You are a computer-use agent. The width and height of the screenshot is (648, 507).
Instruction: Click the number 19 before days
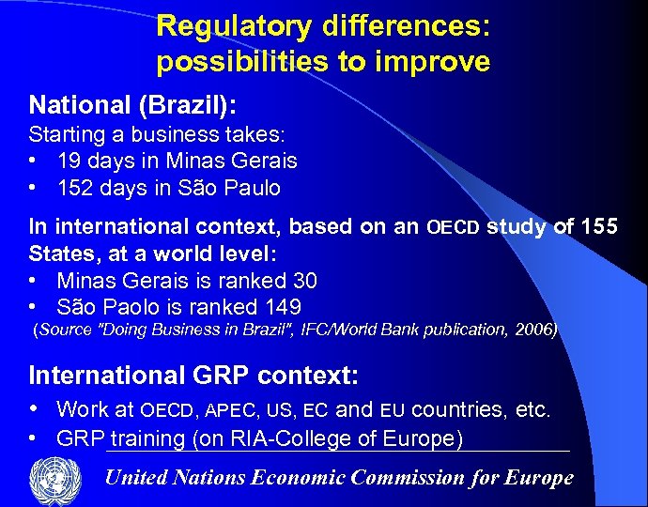(x=69, y=161)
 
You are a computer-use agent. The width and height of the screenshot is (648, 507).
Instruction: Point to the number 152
(x=75, y=188)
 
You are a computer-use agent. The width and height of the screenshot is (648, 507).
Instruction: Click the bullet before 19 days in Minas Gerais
(x=35, y=161)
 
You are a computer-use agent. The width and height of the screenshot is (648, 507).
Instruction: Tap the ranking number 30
(x=304, y=281)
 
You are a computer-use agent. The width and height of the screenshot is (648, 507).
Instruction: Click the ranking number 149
(x=283, y=307)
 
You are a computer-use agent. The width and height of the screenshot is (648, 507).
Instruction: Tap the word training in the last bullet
(x=147, y=438)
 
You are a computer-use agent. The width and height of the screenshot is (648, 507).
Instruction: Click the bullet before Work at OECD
(x=35, y=409)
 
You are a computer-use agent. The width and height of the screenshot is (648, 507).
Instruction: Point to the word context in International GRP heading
(x=307, y=376)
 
